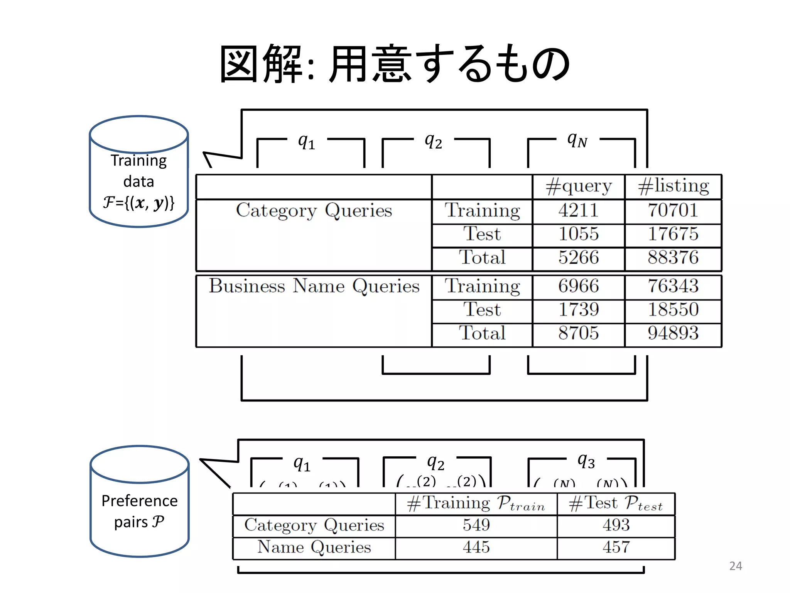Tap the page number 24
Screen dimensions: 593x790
[x=735, y=566]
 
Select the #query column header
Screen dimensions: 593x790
[x=578, y=186]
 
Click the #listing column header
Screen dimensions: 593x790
[x=673, y=186]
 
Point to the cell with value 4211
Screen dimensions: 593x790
[x=578, y=211]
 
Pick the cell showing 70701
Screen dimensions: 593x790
[x=673, y=211]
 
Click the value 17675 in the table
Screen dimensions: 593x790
[x=673, y=234]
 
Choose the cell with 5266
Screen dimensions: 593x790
[x=578, y=258]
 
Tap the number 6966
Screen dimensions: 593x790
[x=578, y=286]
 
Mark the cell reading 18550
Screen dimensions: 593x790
[x=673, y=310]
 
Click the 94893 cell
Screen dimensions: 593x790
[x=673, y=333]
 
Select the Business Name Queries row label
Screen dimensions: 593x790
[x=314, y=286]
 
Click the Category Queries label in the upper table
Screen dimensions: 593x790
[x=314, y=211]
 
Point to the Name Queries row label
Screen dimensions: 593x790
[x=314, y=547]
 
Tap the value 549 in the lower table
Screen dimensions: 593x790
[x=476, y=525]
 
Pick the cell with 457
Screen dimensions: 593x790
[x=616, y=547]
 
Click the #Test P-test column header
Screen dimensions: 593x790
[x=616, y=503]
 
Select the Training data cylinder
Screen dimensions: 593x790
[x=139, y=172]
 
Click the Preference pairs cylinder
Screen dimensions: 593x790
[x=140, y=502]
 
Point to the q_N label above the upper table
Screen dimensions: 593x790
[x=577, y=140]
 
